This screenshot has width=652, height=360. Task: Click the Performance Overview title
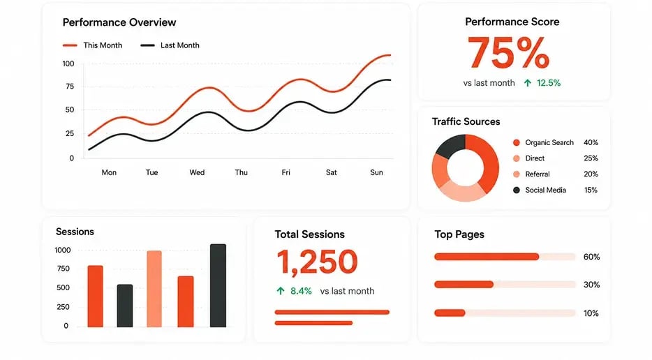click(119, 22)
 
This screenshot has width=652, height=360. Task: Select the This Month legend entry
click(92, 45)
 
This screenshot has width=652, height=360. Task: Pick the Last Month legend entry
click(170, 45)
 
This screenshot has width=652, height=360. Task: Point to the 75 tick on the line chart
click(69, 87)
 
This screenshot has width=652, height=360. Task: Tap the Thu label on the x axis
click(241, 172)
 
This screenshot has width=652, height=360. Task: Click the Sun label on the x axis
click(377, 172)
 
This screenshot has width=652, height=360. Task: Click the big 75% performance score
click(508, 53)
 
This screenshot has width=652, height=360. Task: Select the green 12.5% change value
click(549, 83)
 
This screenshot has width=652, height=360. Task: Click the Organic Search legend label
click(549, 142)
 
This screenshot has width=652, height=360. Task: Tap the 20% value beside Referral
click(591, 174)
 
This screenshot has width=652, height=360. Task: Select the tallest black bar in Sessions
click(218, 285)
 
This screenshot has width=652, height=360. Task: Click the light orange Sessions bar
click(154, 289)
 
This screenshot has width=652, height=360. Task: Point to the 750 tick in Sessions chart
click(64, 269)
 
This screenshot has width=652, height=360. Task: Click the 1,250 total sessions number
click(317, 262)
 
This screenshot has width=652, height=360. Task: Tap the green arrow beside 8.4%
click(281, 291)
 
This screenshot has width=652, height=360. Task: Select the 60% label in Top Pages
click(591, 257)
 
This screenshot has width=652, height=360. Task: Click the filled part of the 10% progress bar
click(450, 313)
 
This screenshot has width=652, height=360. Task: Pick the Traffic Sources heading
click(466, 122)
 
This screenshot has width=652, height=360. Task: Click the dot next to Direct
click(517, 158)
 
